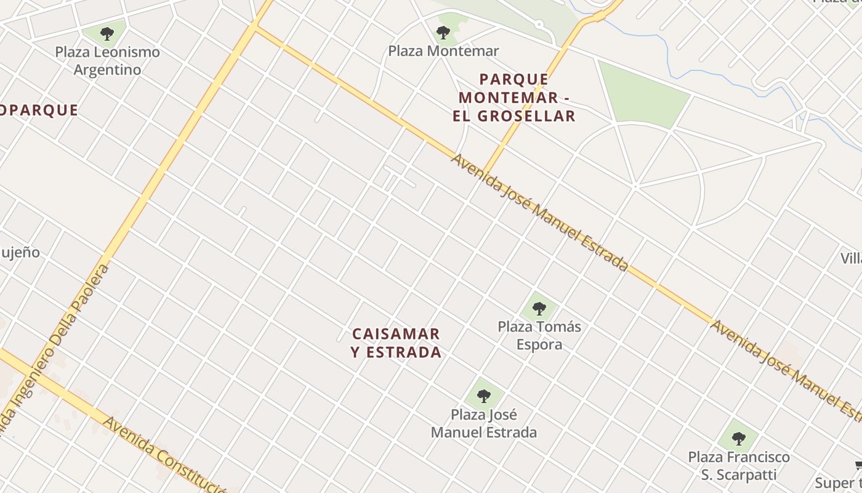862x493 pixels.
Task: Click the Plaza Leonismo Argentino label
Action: tap(108, 61)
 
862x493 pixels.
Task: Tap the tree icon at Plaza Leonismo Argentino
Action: tap(107, 33)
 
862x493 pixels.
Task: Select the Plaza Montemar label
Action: tap(443, 51)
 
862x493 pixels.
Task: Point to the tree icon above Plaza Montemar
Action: tap(443, 32)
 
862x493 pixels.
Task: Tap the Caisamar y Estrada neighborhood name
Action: tap(397, 343)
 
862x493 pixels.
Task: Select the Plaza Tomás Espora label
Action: tap(539, 335)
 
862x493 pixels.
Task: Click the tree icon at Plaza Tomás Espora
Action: tap(539, 308)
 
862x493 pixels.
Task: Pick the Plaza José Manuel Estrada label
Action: tap(484, 423)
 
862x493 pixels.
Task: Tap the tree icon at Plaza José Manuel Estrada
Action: tap(484, 396)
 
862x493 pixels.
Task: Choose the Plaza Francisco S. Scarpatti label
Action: tap(739, 466)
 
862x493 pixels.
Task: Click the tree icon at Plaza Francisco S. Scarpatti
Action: tap(739, 439)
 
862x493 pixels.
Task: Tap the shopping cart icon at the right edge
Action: tap(858, 465)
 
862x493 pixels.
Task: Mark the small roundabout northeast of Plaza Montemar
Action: tap(539, 25)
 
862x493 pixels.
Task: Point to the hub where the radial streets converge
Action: tap(635, 185)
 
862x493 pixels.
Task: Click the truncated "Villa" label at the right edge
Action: tap(852, 258)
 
